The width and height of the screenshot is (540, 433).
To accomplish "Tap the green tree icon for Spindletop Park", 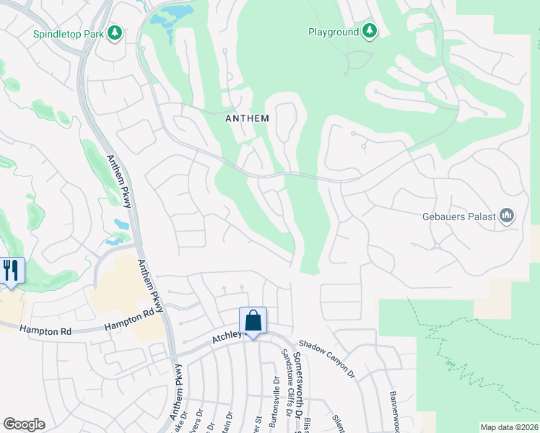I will (114, 33).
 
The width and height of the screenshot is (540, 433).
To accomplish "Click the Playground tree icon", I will (370, 31).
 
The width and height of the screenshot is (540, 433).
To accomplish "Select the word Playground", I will (333, 32).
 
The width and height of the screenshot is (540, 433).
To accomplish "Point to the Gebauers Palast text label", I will (458, 216).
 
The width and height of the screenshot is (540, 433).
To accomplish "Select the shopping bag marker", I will (253, 321).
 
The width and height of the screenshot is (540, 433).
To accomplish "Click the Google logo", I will (24, 424).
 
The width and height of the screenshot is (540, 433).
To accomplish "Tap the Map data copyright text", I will (509, 427).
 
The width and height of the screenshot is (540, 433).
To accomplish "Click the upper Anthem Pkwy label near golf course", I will (119, 181).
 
